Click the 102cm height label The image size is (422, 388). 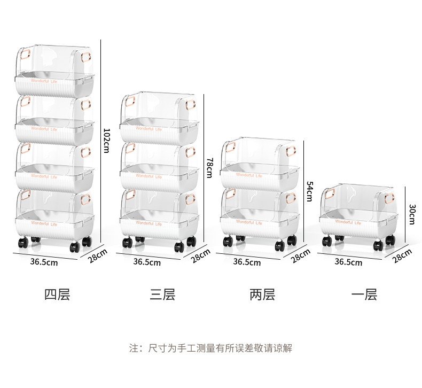(106, 141)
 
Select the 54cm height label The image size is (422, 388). (308, 191)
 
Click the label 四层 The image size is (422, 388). (57, 294)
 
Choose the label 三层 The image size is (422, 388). (162, 294)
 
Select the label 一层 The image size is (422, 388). (364, 294)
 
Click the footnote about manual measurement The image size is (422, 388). (211, 348)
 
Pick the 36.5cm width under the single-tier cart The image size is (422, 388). (348, 262)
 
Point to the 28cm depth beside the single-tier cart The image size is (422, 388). (402, 255)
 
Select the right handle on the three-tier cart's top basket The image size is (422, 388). (190, 104)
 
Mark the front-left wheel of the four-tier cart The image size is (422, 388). (22, 244)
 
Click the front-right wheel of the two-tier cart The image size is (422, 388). (280, 245)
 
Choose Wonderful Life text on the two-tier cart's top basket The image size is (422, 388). (249, 175)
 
